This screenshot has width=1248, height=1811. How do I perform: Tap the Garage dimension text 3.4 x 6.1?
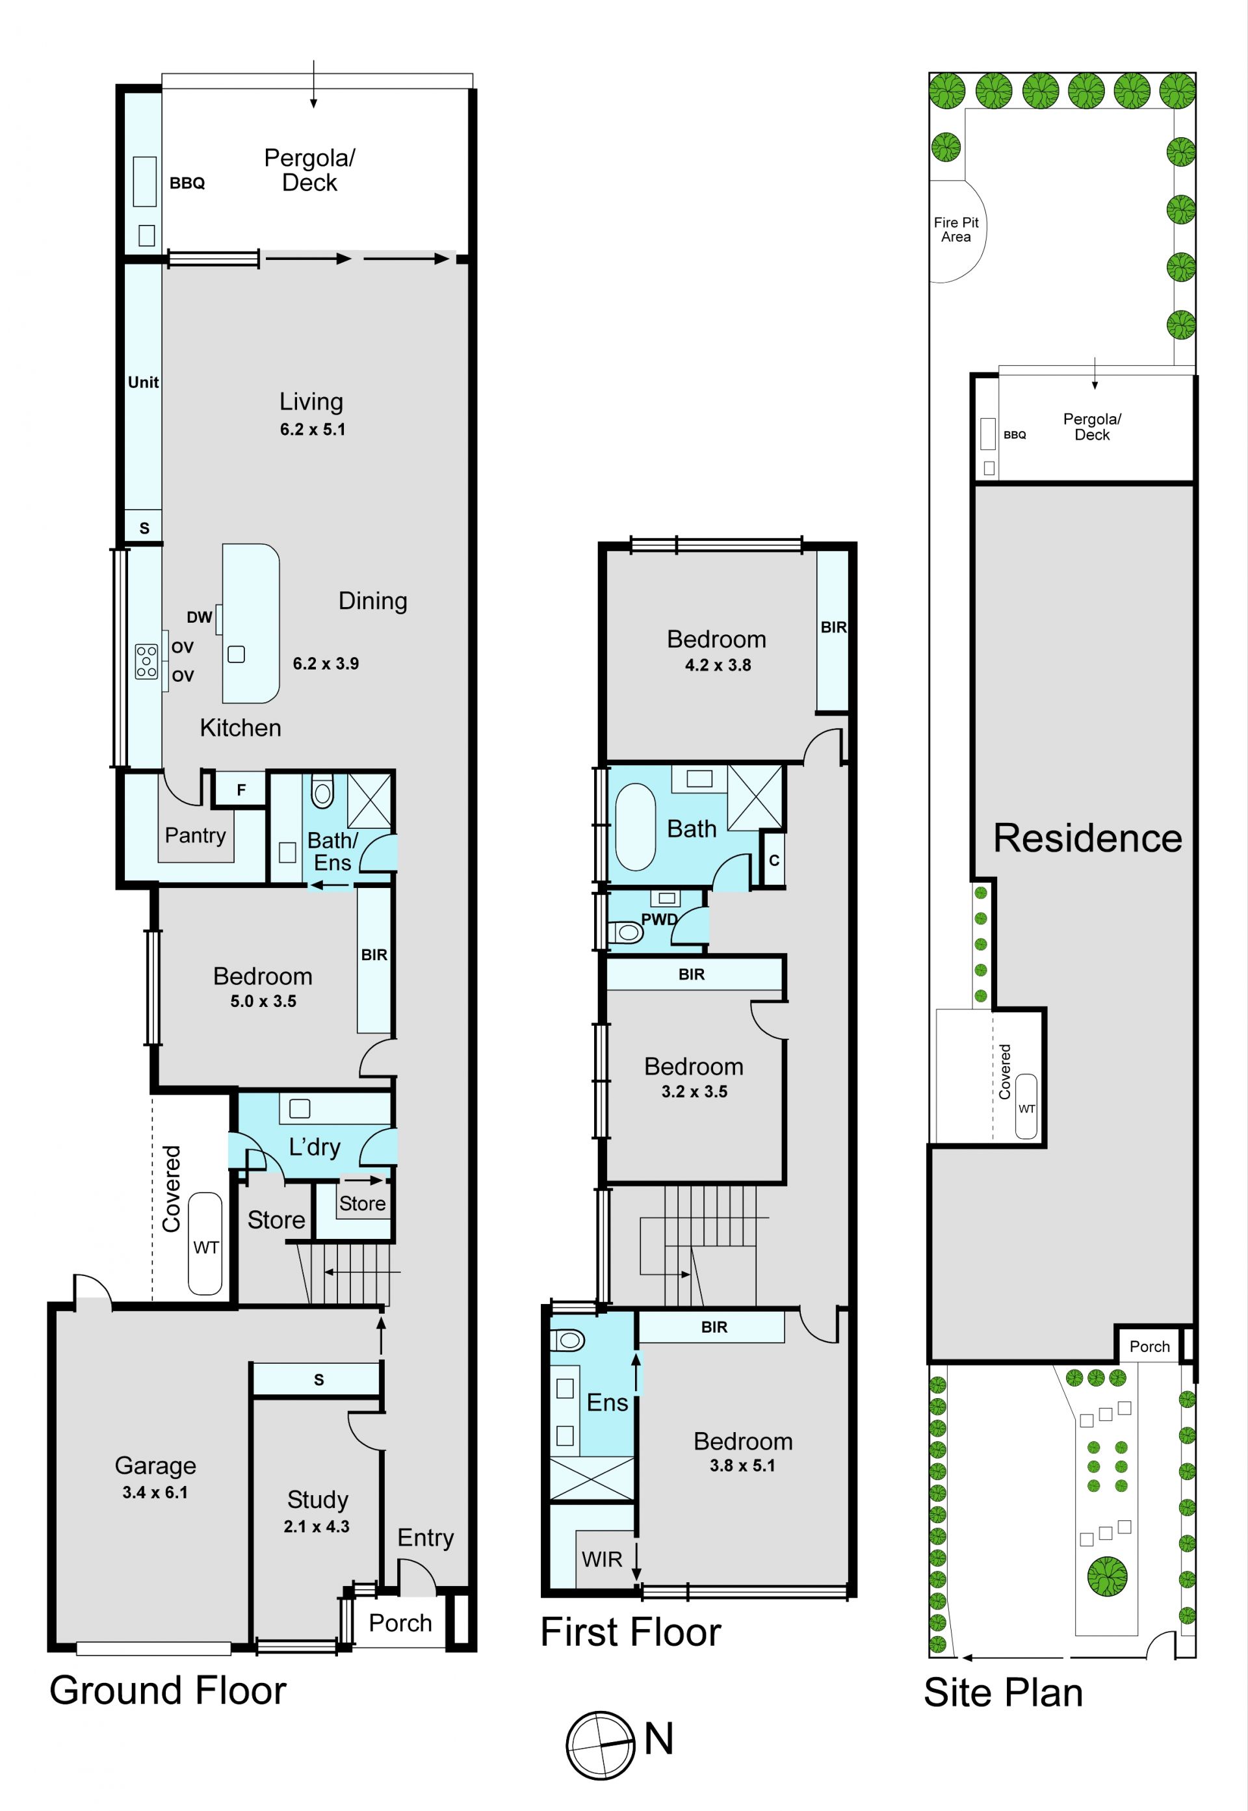[x=155, y=1492]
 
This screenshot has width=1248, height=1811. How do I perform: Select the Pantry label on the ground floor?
[x=196, y=836]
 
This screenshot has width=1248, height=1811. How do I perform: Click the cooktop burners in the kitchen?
[x=146, y=660]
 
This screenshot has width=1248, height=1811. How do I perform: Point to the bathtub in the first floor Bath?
[x=635, y=827]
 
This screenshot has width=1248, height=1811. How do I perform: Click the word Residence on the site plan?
[x=1087, y=839]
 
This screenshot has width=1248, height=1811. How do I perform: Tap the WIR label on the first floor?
[x=601, y=1559]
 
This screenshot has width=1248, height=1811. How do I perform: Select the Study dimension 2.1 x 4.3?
[x=316, y=1526]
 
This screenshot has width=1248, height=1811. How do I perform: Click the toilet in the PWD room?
[x=625, y=932]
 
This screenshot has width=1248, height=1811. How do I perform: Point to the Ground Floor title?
[x=168, y=1691]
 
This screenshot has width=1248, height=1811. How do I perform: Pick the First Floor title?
[x=631, y=1632]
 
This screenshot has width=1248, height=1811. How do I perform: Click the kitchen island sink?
[x=236, y=654]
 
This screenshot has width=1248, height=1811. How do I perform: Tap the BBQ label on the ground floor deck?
[x=187, y=183]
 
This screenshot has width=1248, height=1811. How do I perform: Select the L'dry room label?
[x=315, y=1147]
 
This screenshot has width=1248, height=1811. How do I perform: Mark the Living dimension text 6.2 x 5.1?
[x=313, y=429]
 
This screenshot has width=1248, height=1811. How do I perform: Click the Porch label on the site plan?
[x=1149, y=1346]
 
